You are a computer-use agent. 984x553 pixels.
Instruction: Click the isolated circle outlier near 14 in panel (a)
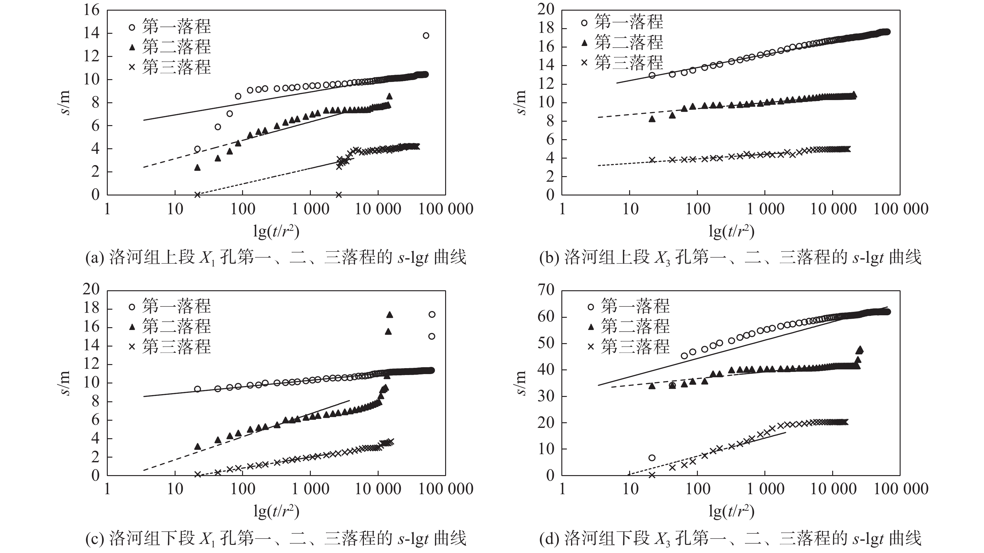pyautogui.click(x=426, y=36)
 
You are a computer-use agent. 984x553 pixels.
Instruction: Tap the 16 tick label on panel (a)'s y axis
pyautogui.click(x=91, y=10)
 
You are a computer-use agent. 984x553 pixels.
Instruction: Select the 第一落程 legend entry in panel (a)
pyautogui.click(x=170, y=27)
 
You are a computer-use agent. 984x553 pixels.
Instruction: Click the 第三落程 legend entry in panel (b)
pyautogui.click(x=623, y=62)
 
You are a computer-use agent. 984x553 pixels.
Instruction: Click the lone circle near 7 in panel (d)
pyautogui.click(x=652, y=458)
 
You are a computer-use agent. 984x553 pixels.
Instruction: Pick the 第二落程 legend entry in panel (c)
pyautogui.click(x=170, y=327)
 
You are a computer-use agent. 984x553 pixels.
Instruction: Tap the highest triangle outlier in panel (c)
pyautogui.click(x=390, y=315)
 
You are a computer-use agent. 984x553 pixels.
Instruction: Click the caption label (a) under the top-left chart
pyautogui.click(x=94, y=258)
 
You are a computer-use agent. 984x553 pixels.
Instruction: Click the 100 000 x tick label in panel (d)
pyautogui.click(x=901, y=489)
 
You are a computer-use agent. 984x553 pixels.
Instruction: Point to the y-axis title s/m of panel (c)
pyautogui.click(x=65, y=383)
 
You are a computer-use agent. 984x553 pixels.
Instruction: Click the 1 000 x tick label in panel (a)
pyautogui.click(x=310, y=209)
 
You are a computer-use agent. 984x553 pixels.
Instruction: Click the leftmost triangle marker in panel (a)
pyautogui.click(x=197, y=168)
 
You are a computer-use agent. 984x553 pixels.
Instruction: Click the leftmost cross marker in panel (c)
pyautogui.click(x=197, y=474)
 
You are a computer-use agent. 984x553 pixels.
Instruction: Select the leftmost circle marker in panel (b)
pyautogui.click(x=652, y=75)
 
